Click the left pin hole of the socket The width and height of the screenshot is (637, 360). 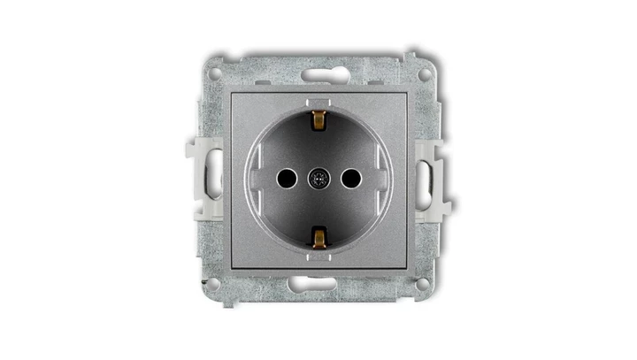tap(285, 179)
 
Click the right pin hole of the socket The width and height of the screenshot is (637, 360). tap(351, 179)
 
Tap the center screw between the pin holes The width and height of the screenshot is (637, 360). tap(318, 179)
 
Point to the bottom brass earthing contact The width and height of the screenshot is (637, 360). tap(318, 237)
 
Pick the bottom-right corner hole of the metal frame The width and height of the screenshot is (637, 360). tap(424, 283)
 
